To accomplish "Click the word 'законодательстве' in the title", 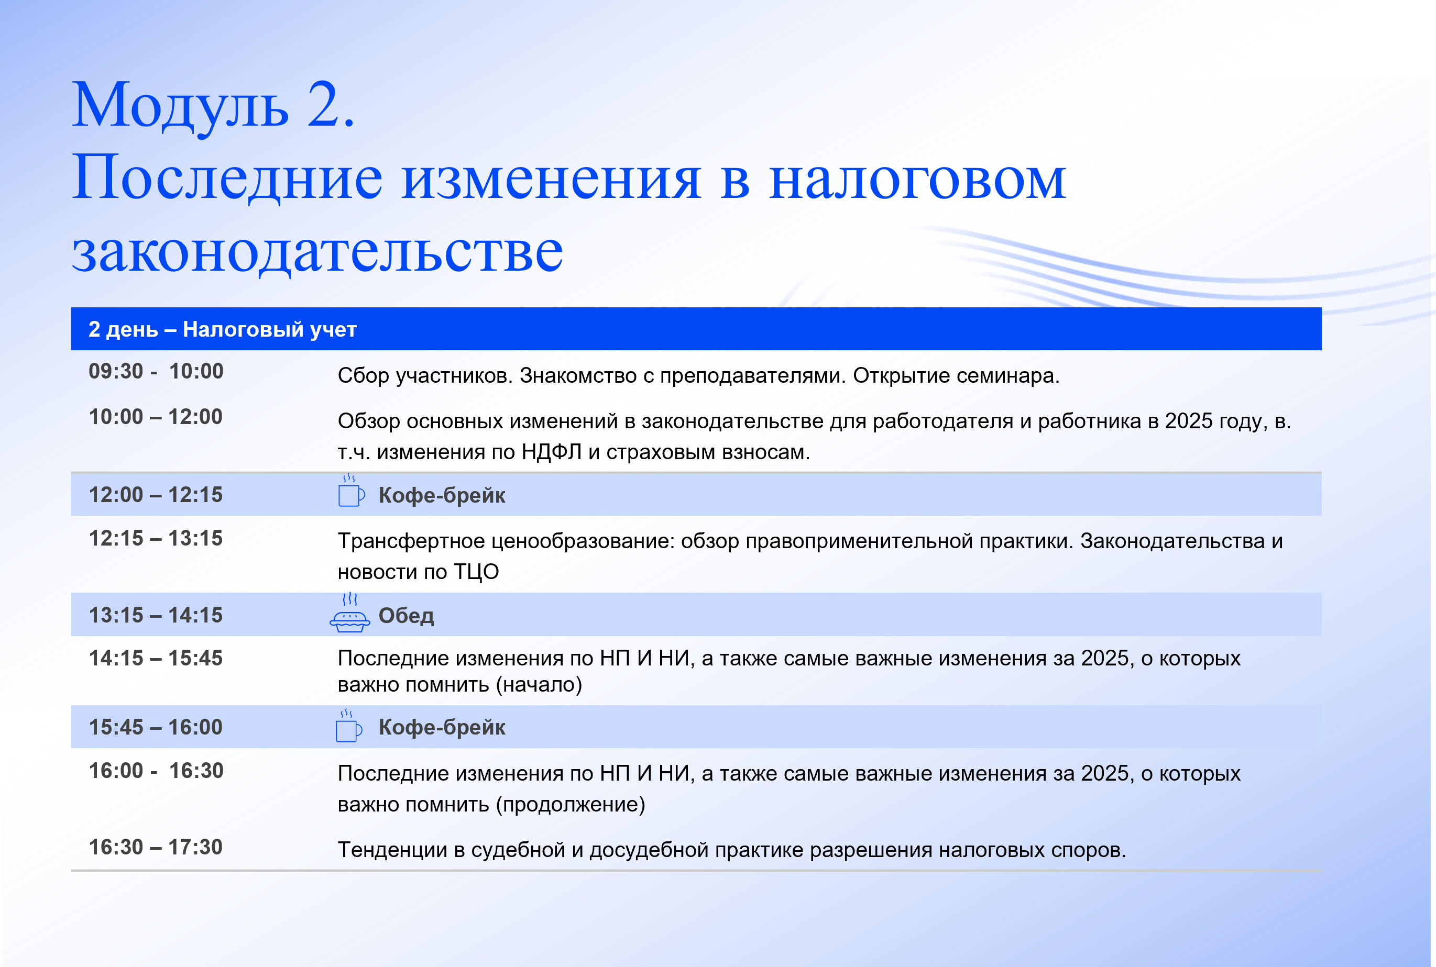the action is (317, 252).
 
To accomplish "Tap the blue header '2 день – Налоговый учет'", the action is (223, 329).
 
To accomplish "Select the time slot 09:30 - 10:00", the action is (156, 371).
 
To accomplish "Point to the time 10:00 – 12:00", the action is (156, 417).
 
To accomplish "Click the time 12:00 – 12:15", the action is (156, 495).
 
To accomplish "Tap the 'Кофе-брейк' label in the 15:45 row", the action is (442, 727).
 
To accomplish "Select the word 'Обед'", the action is (406, 616).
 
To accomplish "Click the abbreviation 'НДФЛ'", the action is (552, 452).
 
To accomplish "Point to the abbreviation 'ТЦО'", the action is (476, 572).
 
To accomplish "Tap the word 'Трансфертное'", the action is (412, 541).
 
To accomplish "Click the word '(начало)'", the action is (539, 685).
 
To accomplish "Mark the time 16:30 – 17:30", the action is (156, 847).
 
